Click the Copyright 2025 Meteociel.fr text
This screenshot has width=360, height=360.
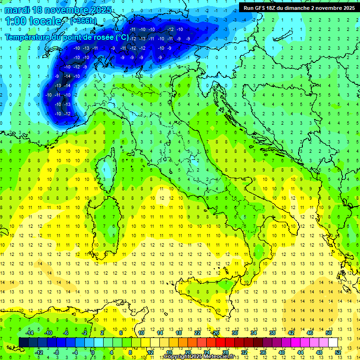pyautogui.click(x=199, y=357)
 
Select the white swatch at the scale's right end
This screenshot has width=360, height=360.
pyautogui.click(x=333, y=342)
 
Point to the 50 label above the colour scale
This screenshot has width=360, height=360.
pyautogui.click(x=329, y=333)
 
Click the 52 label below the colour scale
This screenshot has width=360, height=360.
pyautogui.click(x=338, y=352)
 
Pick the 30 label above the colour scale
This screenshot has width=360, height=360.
pyautogui.click(x=235, y=333)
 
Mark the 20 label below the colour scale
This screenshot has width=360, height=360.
pyautogui.click(x=188, y=352)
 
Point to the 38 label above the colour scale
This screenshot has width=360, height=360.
pyautogui.click(x=272, y=333)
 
